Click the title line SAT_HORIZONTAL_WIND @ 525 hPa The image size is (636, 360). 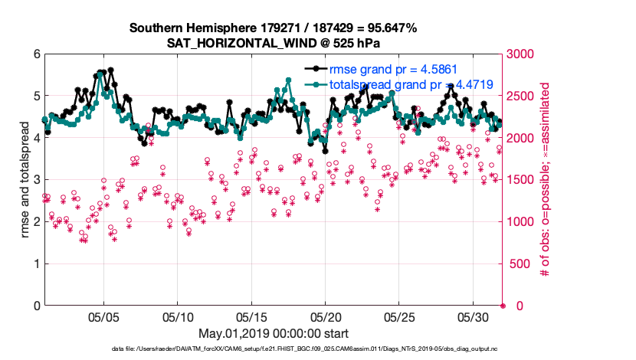pyautogui.click(x=272, y=43)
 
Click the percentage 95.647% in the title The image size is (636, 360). pyautogui.click(x=392, y=28)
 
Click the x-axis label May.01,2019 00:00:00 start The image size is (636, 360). pyautogui.click(x=273, y=333)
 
